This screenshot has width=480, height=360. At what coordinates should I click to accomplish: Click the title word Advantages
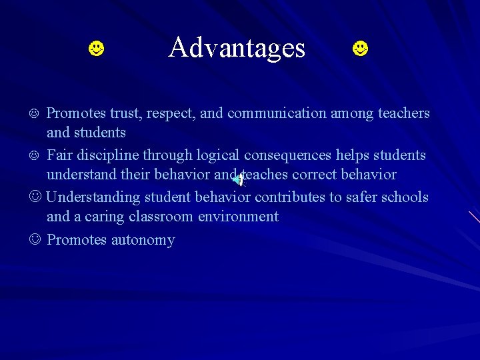pyautogui.click(x=237, y=47)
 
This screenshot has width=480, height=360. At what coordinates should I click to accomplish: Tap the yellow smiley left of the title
pyautogui.click(x=97, y=49)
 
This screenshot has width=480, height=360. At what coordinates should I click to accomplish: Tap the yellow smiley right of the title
pyautogui.click(x=360, y=49)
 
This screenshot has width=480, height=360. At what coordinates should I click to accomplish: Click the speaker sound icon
pyautogui.click(x=238, y=178)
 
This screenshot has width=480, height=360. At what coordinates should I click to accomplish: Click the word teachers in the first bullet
pyautogui.click(x=404, y=113)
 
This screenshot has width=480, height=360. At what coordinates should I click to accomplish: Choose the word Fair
pyautogui.click(x=60, y=155)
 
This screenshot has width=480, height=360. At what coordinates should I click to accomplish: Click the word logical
pyautogui.click(x=217, y=155)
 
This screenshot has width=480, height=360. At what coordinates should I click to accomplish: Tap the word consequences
pyautogui.click(x=287, y=155)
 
